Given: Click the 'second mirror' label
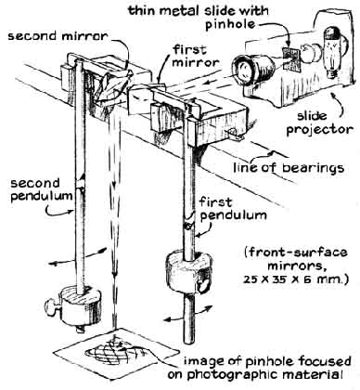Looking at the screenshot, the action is (58, 36).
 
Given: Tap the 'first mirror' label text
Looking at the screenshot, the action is (195, 56).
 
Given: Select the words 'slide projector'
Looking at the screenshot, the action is (319, 123).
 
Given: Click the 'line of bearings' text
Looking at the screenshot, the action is (289, 168).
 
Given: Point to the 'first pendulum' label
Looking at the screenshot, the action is (233, 210).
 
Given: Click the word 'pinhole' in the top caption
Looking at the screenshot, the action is (230, 24).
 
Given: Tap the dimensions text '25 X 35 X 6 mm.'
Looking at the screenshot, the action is (295, 279).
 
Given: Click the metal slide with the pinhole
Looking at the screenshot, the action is (291, 58).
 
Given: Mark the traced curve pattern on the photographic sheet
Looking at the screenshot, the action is (119, 354).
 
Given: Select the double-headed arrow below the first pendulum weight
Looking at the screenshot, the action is (188, 313).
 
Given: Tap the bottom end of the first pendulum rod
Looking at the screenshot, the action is (189, 342).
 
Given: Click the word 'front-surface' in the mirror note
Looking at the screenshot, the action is (298, 253).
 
